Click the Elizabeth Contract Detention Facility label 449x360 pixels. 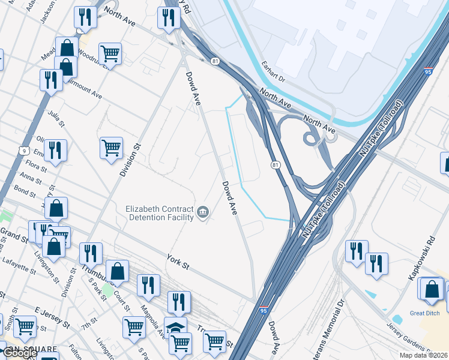(x=159, y=213)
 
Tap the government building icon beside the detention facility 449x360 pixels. (x=203, y=212)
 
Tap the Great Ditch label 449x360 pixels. (x=425, y=313)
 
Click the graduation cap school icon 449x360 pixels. (x=175, y=328)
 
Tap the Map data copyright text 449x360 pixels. (x=423, y=355)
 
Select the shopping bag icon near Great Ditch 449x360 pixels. (x=432, y=289)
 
